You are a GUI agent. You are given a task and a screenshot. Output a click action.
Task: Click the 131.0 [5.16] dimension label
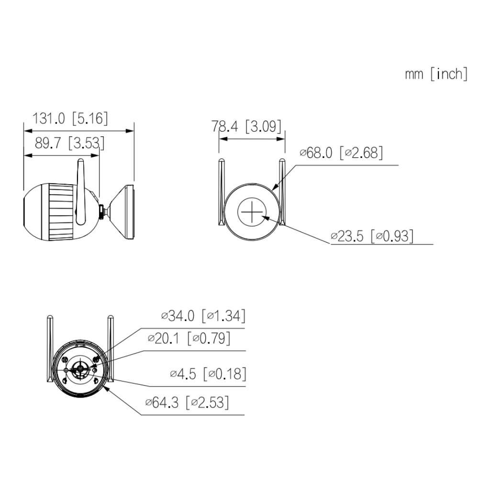[70, 119]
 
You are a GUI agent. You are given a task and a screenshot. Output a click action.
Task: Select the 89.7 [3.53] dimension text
[69, 144]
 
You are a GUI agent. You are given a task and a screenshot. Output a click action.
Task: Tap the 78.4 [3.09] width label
[246, 126]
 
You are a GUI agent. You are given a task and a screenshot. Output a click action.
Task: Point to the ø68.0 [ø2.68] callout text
[341, 153]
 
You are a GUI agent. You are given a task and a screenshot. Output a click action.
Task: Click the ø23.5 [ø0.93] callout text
[372, 236]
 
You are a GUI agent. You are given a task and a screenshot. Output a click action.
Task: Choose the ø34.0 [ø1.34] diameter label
[203, 316]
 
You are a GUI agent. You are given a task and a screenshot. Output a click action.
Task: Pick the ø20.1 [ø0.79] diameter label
[189, 338]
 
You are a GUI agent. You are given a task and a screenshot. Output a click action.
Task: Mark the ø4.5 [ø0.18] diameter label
[208, 374]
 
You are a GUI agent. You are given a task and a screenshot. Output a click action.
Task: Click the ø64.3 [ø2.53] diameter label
[187, 402]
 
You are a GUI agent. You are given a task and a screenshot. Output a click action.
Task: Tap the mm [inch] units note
[436, 74]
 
